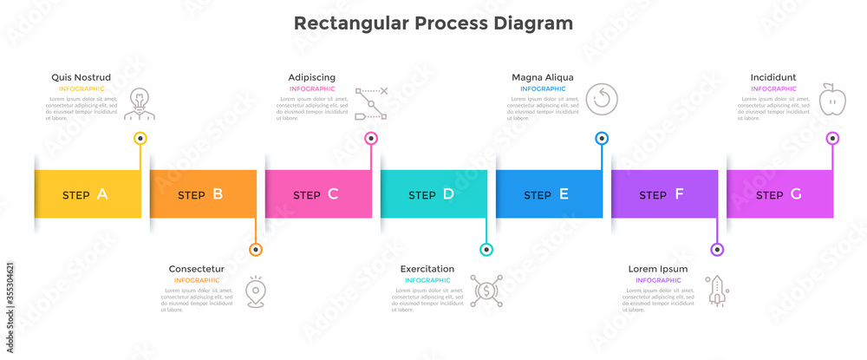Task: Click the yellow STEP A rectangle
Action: click(87, 194)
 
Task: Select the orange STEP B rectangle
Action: click(202, 194)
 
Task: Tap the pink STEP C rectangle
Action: click(317, 194)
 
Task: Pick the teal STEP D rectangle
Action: click(433, 194)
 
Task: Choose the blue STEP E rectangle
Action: click(548, 194)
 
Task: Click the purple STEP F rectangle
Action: click(663, 194)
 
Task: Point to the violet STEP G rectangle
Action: click(779, 194)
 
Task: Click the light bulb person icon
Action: click(138, 102)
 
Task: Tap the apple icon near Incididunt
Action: click(831, 99)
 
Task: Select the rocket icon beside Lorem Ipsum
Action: click(717, 291)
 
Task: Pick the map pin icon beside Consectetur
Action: click(255, 291)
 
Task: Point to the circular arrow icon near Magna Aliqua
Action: click(600, 99)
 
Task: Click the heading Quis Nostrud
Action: click(81, 77)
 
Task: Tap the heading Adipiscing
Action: click(312, 77)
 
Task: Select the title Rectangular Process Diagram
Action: click(433, 23)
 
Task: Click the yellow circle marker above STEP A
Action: click(140, 138)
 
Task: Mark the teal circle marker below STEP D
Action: click(486, 250)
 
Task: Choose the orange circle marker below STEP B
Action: click(255, 250)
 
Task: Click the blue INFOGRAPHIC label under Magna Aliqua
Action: click(543, 88)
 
